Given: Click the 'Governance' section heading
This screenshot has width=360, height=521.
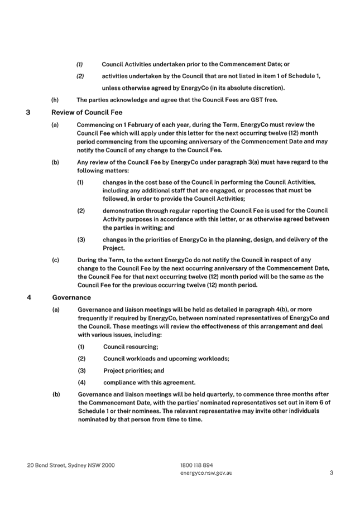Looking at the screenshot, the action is click(x=71, y=297).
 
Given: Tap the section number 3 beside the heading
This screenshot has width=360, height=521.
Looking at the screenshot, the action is click(x=28, y=112).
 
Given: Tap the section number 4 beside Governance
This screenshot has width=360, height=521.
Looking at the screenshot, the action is click(x=29, y=297).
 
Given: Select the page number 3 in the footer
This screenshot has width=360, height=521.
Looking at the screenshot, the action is click(x=332, y=472).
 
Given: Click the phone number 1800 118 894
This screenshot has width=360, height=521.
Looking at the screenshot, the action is click(x=197, y=465).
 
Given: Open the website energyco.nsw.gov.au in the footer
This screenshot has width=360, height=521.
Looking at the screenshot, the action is click(x=206, y=473).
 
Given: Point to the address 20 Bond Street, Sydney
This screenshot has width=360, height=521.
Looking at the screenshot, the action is click(x=71, y=465).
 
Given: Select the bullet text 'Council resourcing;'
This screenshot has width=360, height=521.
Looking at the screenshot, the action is click(x=131, y=347).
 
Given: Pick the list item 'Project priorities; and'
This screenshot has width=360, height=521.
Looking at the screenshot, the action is click(x=133, y=370).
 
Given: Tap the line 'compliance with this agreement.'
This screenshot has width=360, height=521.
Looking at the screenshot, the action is click(x=149, y=383).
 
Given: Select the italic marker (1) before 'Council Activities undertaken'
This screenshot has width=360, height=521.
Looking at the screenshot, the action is click(x=80, y=64).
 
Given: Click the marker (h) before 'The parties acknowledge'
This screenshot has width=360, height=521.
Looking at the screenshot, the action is click(x=55, y=100).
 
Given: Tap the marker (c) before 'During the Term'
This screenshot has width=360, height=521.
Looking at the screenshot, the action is click(x=55, y=260).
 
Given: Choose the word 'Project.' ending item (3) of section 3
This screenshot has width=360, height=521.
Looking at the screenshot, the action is click(x=114, y=248).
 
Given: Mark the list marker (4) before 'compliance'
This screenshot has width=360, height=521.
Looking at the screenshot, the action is click(x=82, y=383).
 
